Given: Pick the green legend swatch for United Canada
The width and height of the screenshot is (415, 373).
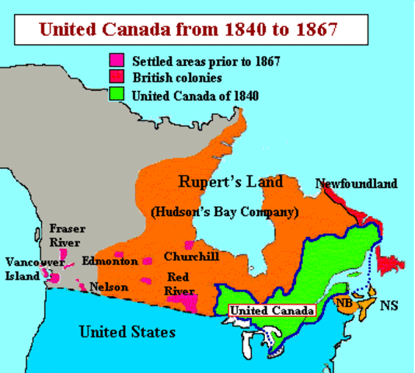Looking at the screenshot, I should (117, 96).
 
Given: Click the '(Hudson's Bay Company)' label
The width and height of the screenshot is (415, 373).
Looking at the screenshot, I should (225, 211).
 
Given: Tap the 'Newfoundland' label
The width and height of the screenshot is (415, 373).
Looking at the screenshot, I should (356, 183).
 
